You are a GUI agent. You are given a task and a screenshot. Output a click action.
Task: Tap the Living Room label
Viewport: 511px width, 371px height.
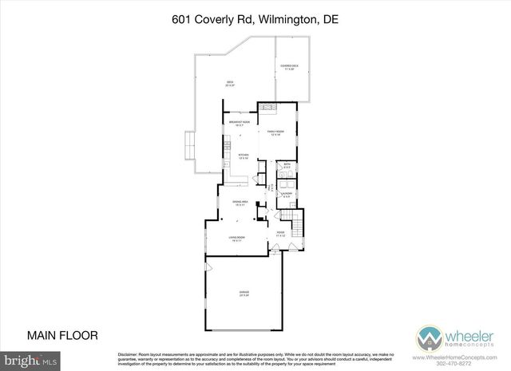[x=236, y=239]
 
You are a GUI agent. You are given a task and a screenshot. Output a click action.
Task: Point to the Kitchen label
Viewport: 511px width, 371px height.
[x=244, y=156]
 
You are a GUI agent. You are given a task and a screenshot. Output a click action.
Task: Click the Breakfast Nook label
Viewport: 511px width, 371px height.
[x=238, y=124]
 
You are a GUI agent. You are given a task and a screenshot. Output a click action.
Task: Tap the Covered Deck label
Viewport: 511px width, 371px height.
[x=289, y=68]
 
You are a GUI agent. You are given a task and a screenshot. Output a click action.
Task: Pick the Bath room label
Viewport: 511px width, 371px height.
[x=287, y=167]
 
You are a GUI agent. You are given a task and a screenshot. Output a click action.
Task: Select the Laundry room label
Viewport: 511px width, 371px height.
[x=287, y=193]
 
